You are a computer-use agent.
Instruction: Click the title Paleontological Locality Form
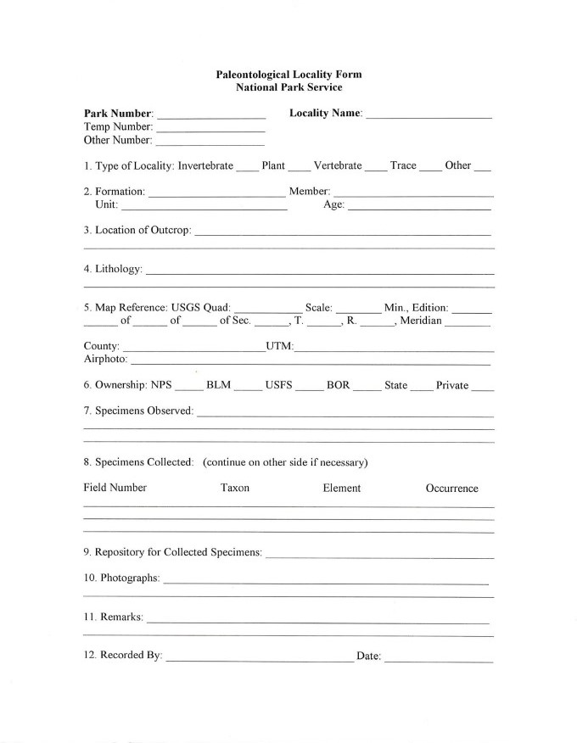(x=288, y=75)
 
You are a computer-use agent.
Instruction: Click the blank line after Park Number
(x=211, y=115)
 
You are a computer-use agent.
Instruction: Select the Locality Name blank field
(x=429, y=115)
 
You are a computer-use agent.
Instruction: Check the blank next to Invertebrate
(x=247, y=167)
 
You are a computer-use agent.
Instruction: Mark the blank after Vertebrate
(x=376, y=167)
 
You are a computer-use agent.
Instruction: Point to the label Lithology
(x=112, y=270)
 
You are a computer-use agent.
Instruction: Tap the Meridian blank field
(x=468, y=322)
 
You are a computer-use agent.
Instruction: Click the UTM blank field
(x=394, y=349)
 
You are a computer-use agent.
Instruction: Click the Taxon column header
(x=235, y=488)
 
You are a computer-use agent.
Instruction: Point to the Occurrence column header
(x=451, y=489)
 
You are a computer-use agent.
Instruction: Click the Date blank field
(x=438, y=658)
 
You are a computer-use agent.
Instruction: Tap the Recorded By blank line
(x=260, y=658)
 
